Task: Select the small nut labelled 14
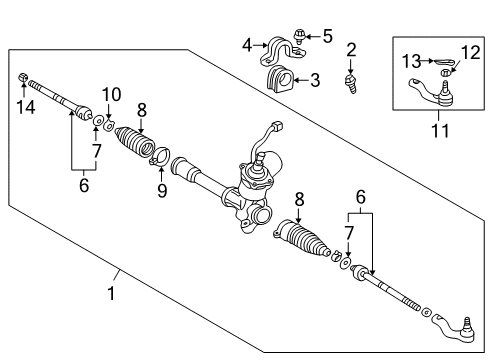[23, 76]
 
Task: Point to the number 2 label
[351, 49]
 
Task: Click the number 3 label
[313, 80]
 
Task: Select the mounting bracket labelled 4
[276, 46]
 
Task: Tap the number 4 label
[247, 43]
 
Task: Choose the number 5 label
[325, 37]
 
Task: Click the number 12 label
[470, 52]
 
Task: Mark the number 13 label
[410, 62]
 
